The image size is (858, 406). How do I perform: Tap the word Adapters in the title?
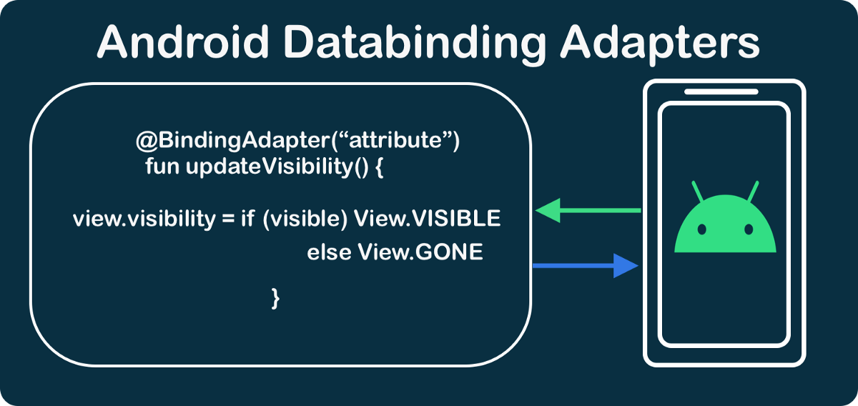[x=659, y=44]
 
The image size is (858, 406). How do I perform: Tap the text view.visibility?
[x=142, y=219]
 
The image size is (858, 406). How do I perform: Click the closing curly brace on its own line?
[x=275, y=297]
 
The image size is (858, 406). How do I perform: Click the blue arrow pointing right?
[x=586, y=266]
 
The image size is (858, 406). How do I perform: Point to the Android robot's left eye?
[x=702, y=229]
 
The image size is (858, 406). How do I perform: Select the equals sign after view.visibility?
[x=227, y=219]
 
